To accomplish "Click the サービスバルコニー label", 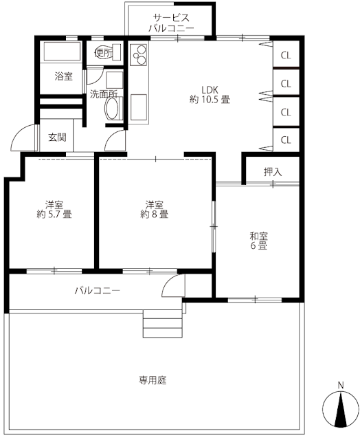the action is pyautogui.click(x=171, y=23).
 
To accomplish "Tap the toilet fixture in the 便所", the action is pyautogui.click(x=108, y=52).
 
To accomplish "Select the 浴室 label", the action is pyautogui.click(x=64, y=76).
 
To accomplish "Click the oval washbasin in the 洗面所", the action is pyautogui.click(x=113, y=109).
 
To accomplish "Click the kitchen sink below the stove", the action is pyautogui.click(x=139, y=107).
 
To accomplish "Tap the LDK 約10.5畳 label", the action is pyautogui.click(x=210, y=95).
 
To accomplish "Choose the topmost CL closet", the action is pyautogui.click(x=286, y=54).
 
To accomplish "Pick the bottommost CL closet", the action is pyautogui.click(x=286, y=140).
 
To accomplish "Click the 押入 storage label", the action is pyautogui.click(x=273, y=172).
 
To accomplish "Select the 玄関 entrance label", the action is pyautogui.click(x=58, y=137).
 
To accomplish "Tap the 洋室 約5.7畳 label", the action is pyautogui.click(x=54, y=209).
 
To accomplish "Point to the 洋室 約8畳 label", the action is pyautogui.click(x=154, y=209).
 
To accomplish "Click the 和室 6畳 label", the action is pyautogui.click(x=258, y=241).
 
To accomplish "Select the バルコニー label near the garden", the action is pyautogui.click(x=98, y=290).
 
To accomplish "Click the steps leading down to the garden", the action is pyautogui.click(x=163, y=323).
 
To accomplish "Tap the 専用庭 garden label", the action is pyautogui.click(x=153, y=380).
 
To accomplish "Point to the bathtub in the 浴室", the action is pyautogui.click(x=63, y=52).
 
